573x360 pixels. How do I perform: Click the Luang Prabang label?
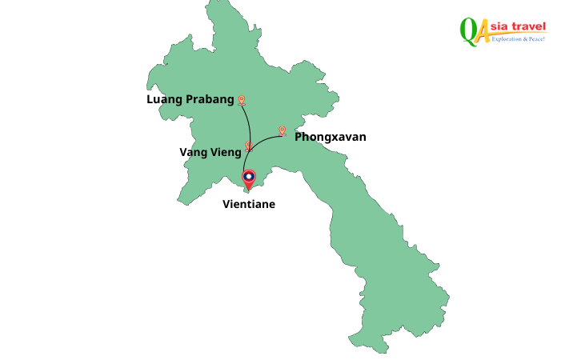point(190,100)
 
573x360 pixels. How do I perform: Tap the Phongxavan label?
point(330,137)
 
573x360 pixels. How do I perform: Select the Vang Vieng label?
point(210,153)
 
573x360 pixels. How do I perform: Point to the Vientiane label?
point(248,204)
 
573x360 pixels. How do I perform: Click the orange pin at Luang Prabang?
point(241,101)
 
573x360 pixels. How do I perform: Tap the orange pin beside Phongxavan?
point(282,130)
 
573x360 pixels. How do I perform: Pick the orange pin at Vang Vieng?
point(249,146)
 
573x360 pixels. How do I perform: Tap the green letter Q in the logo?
point(467,30)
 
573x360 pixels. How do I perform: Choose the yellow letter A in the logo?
point(482,32)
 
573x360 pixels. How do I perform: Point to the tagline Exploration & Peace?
point(517,38)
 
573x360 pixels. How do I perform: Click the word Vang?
point(193,153)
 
